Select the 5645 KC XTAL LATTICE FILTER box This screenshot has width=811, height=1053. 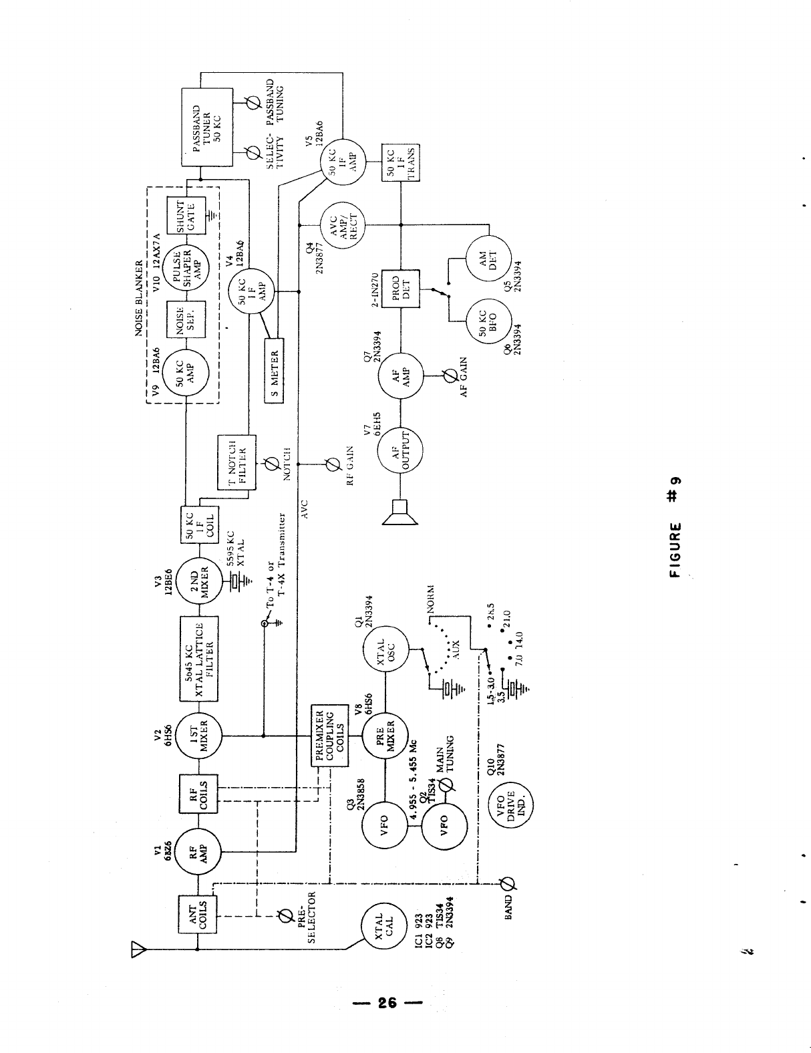point(198,657)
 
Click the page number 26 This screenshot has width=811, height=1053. point(387,1002)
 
